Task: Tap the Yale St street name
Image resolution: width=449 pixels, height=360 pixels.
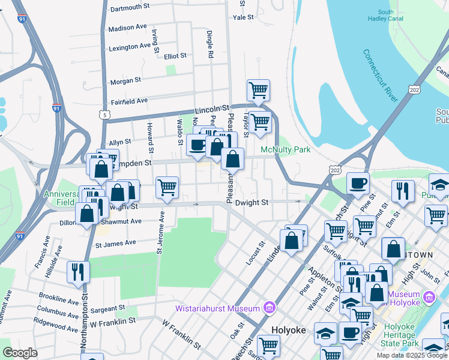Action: pyautogui.click(x=244, y=17)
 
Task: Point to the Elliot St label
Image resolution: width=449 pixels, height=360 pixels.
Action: pyautogui.click(x=175, y=56)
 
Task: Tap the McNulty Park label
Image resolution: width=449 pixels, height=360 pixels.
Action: pyautogui.click(x=285, y=149)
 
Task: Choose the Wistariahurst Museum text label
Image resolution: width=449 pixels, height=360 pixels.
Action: pyautogui.click(x=217, y=309)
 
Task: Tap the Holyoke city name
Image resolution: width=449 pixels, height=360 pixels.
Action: pyautogui.click(x=289, y=330)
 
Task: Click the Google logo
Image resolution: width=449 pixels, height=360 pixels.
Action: pyautogui.click(x=20, y=353)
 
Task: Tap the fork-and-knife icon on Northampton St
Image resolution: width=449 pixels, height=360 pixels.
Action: pyautogui.click(x=79, y=272)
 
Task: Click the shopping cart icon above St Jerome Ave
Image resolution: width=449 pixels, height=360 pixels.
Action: pyautogui.click(x=167, y=187)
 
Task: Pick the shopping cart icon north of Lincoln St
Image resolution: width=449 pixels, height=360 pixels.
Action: pyautogui.click(x=258, y=91)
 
